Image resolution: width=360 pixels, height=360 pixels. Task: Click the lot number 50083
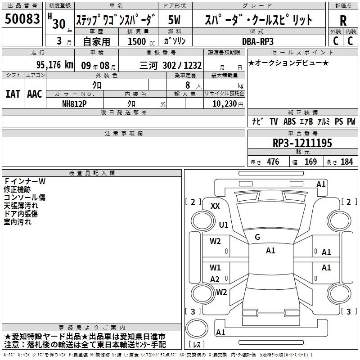(x=22, y=18)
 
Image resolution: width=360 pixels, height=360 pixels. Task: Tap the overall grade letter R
(x=343, y=21)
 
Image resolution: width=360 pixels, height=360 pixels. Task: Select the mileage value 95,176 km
(x=55, y=65)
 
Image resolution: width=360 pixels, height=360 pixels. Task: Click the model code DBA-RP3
(x=258, y=41)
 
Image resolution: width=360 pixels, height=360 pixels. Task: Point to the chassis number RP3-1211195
(x=302, y=143)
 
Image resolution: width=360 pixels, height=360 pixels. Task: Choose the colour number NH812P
(x=74, y=104)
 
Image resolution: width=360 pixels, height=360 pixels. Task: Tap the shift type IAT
(x=13, y=94)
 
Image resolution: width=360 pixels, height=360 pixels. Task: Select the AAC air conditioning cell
(x=35, y=94)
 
